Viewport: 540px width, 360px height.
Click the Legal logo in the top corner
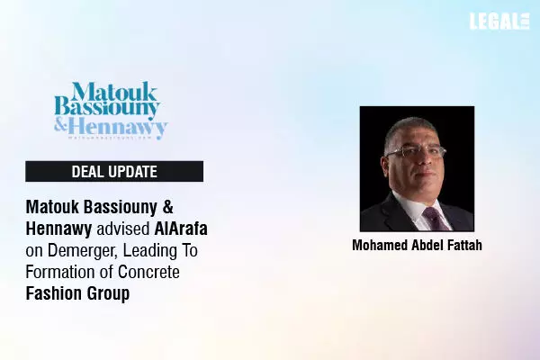point(499,22)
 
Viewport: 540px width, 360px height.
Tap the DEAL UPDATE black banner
point(114,172)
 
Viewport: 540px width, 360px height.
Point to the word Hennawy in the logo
point(121,127)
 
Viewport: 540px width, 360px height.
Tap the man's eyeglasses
point(415,152)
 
